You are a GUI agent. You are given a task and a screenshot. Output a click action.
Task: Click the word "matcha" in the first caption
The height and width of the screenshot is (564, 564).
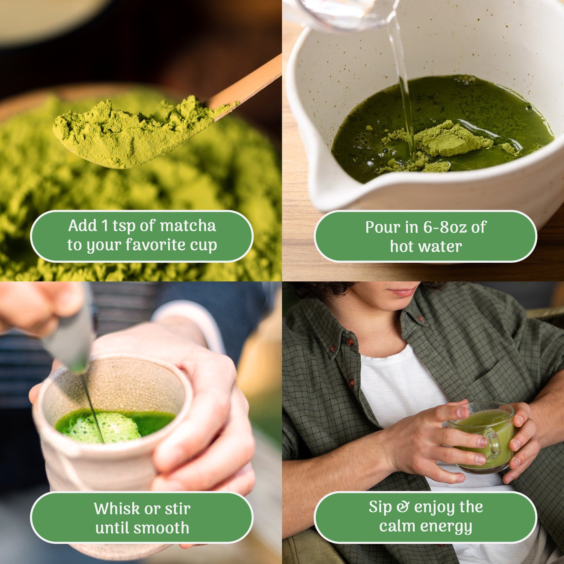click(x=188, y=226)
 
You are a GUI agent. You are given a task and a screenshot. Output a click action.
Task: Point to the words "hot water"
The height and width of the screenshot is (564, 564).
click(x=426, y=247)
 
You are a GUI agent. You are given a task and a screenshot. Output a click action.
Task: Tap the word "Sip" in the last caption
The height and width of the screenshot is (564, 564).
click(x=380, y=507)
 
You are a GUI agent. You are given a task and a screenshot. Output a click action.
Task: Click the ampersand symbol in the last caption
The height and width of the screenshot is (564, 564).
click(x=402, y=507)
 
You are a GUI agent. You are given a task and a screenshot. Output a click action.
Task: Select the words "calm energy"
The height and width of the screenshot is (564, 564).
click(x=425, y=526)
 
